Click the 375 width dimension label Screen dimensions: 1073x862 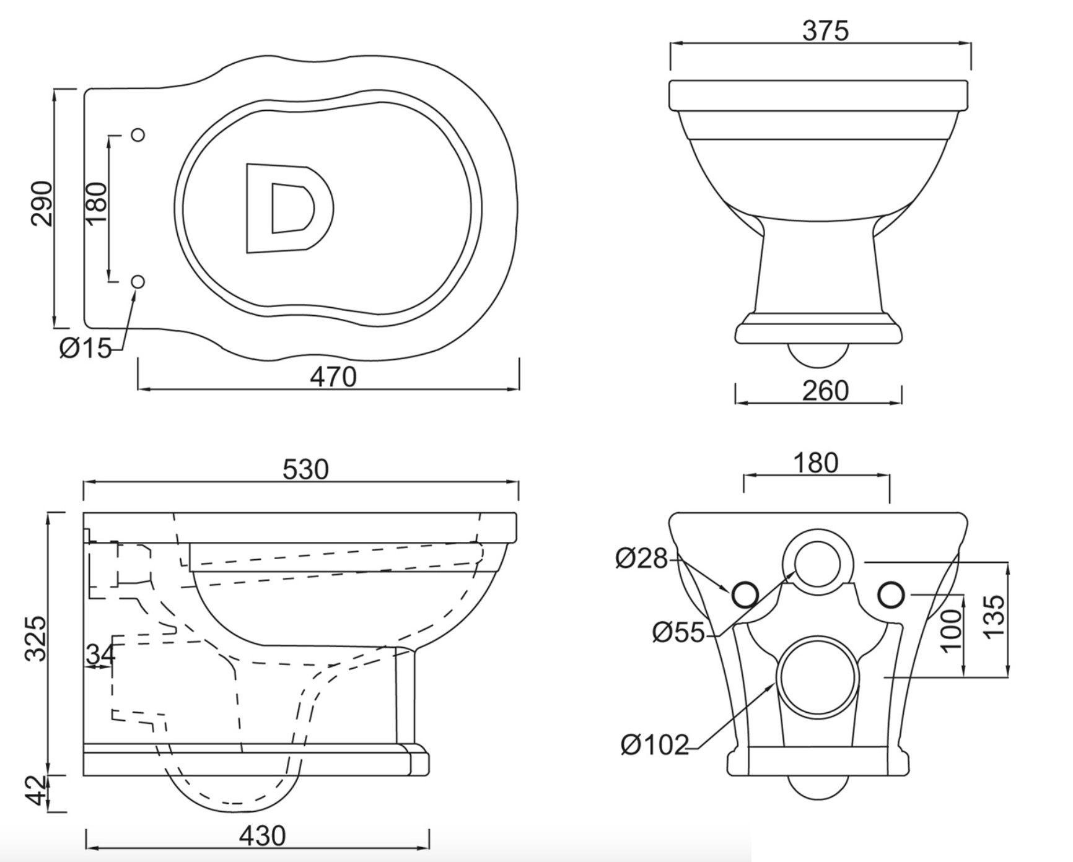point(825,30)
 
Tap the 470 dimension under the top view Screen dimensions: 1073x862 point(333,377)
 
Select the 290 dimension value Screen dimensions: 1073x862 point(42,204)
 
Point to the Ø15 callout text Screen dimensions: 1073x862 point(85,349)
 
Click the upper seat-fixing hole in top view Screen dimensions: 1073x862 point(138,134)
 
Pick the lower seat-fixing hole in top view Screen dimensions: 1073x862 point(138,282)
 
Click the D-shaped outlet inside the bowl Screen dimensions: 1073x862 point(289,208)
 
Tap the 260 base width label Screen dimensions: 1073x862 point(825,391)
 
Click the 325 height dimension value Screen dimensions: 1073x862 point(35,638)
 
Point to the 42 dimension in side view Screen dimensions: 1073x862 point(38,791)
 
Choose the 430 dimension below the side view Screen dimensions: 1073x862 point(262,836)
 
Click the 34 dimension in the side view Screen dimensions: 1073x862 point(100,654)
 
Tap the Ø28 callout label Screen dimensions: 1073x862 point(641,559)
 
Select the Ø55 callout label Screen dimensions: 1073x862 point(678,632)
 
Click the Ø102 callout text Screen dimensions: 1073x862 point(654,744)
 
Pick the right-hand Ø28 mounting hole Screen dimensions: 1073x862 point(891,595)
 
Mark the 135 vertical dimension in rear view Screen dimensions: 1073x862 point(994,617)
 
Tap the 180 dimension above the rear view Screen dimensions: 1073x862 point(816,463)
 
